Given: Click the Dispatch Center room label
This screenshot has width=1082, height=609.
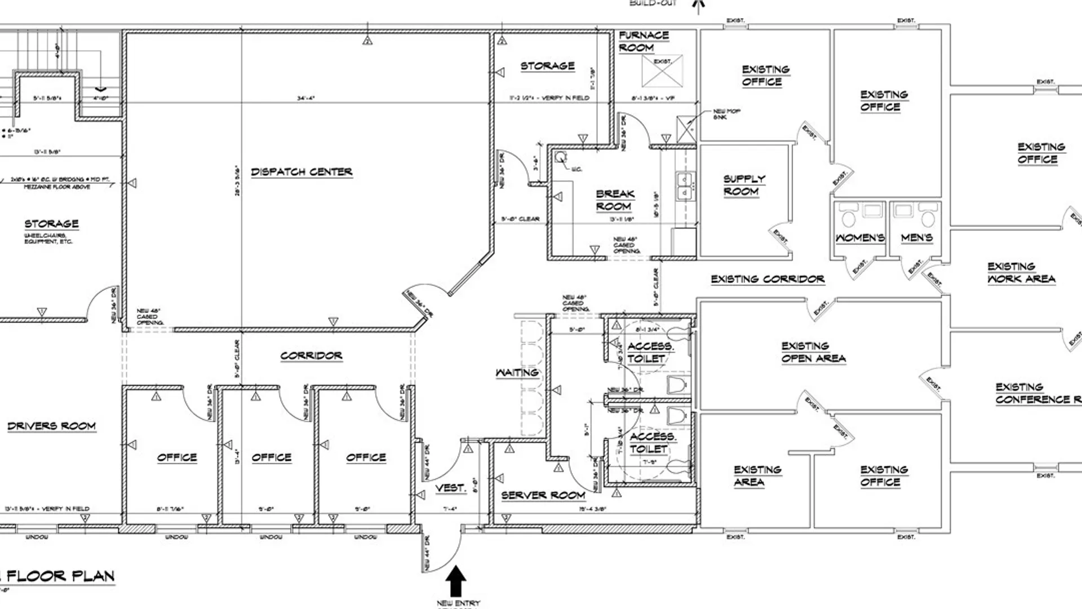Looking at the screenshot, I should (301, 171).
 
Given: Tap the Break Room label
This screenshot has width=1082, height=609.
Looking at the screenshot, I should (615, 200).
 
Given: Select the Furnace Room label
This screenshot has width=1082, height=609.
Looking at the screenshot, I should (643, 41).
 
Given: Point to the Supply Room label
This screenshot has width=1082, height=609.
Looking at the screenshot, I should (743, 185).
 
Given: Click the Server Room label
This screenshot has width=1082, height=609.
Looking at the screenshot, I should (543, 495).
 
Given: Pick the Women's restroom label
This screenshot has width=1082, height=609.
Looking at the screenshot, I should (859, 238).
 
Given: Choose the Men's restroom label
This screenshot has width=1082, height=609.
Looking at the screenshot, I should (916, 238).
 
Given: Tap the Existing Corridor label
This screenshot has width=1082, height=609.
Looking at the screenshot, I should (767, 279).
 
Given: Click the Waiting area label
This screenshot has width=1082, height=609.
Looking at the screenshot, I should (517, 373).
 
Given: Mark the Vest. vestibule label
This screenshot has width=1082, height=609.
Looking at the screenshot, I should (450, 488).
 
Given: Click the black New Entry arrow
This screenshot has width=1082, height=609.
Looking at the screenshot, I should (456, 581).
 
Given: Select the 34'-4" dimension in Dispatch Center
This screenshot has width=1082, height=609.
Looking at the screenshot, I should (306, 98).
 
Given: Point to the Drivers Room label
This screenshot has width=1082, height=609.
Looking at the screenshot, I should (51, 426).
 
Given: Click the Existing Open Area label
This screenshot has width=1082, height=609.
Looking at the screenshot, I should (813, 352).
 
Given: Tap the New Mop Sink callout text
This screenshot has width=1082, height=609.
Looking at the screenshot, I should (726, 114).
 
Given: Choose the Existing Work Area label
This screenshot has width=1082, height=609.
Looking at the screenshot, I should (1021, 272).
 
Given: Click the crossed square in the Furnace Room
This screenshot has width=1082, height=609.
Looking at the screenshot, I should (662, 71).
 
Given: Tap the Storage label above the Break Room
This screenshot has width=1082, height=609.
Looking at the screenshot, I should (547, 66).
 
